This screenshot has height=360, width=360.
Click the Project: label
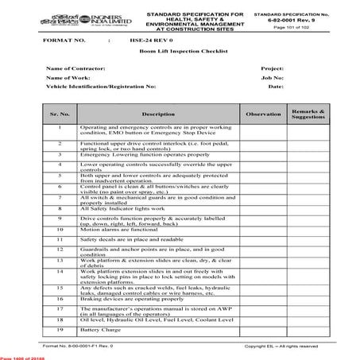[272, 69]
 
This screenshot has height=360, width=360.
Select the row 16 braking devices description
[130, 299]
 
